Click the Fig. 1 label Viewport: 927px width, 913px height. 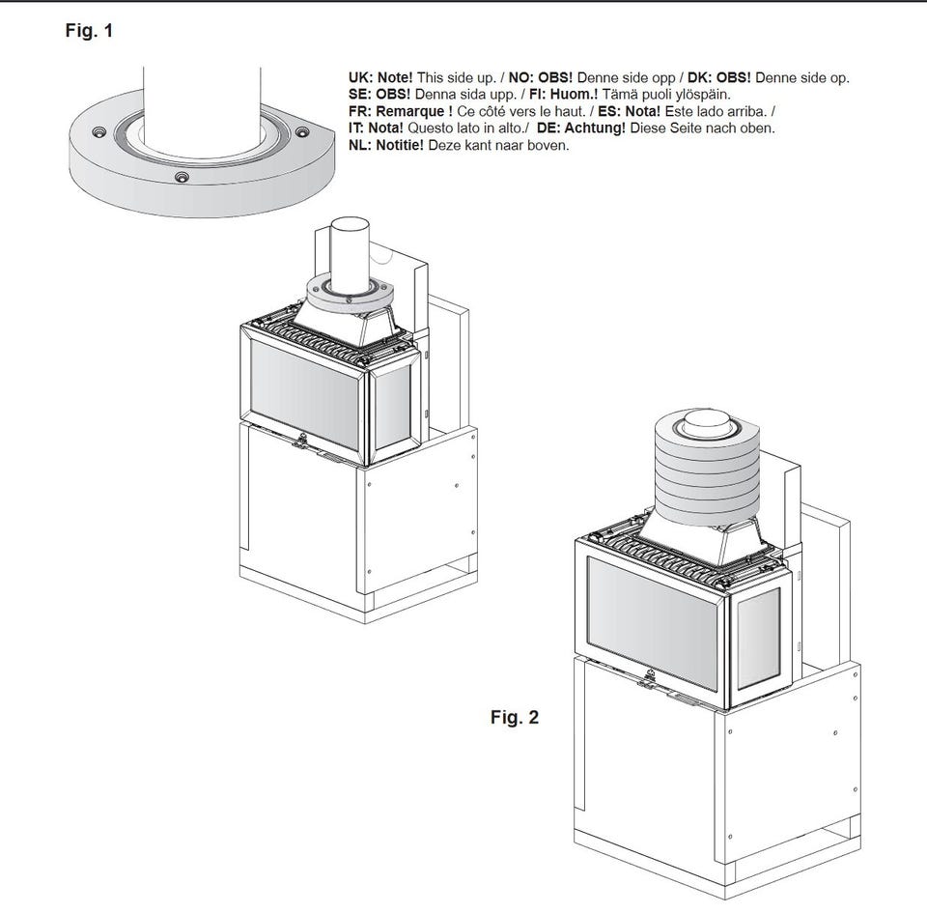[89, 30]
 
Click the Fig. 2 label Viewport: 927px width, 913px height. [515, 717]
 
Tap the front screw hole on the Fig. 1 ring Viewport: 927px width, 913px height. [183, 176]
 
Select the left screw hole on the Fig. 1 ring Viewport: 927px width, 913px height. [98, 130]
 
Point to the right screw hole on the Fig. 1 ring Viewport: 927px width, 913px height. [301, 131]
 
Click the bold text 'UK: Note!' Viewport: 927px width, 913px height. [380, 77]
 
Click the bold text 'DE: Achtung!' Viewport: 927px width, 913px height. [580, 128]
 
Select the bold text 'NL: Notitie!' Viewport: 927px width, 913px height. [385, 145]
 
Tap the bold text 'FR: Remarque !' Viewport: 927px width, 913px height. [400, 111]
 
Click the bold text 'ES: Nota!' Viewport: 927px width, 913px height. [629, 111]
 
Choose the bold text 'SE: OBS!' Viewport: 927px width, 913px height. [379, 94]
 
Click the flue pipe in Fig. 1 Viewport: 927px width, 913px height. [202, 107]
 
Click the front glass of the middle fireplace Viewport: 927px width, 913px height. [304, 394]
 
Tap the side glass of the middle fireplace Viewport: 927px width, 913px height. [393, 408]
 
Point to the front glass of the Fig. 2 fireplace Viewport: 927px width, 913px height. [652, 622]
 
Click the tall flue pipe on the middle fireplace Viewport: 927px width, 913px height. [350, 255]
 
